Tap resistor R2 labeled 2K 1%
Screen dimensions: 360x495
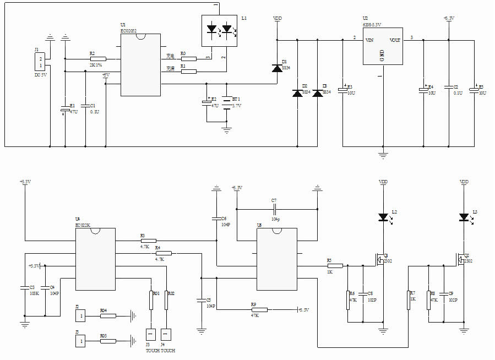(x=98, y=58)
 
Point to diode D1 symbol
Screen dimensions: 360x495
(x=276, y=68)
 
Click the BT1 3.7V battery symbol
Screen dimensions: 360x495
(x=226, y=103)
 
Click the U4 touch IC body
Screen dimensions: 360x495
(x=95, y=258)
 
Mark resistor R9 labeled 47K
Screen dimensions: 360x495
(x=259, y=310)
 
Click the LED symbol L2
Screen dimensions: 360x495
(x=383, y=217)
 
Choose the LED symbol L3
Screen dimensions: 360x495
(x=464, y=217)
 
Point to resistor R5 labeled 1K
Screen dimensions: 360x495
(x=335, y=265)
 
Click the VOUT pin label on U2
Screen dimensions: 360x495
(x=395, y=40)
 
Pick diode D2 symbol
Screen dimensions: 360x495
(x=297, y=93)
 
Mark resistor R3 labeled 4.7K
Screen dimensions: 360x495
(x=148, y=241)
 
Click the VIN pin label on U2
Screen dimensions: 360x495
(x=369, y=40)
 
